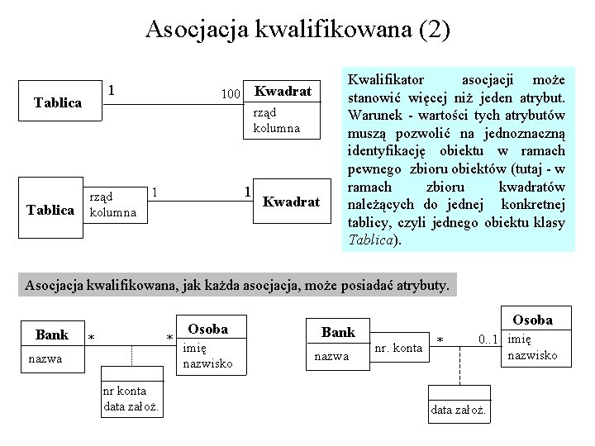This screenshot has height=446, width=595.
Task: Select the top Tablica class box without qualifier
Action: click(x=57, y=102)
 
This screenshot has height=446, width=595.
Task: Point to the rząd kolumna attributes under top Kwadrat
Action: click(x=276, y=120)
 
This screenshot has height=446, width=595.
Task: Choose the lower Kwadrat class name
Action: click(x=290, y=202)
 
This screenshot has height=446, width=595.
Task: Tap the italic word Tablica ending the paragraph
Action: click(x=371, y=240)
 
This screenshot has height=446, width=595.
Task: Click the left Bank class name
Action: click(x=52, y=334)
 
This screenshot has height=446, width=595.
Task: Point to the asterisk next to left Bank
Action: click(x=92, y=339)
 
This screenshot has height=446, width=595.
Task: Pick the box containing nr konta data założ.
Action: click(x=131, y=397)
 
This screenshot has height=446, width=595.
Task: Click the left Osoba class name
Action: click(x=207, y=329)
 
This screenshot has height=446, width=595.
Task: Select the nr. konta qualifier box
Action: click(x=398, y=349)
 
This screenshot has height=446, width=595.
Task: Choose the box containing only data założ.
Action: click(x=462, y=410)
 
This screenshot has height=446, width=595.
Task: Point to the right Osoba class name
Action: click(x=532, y=319)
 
